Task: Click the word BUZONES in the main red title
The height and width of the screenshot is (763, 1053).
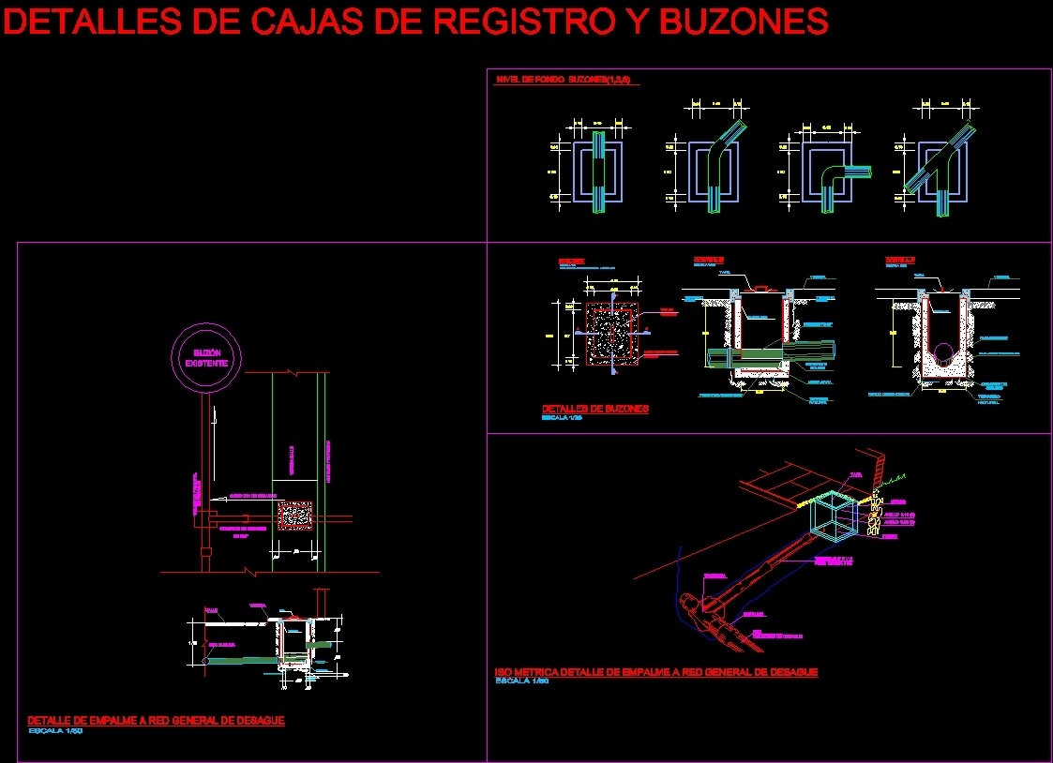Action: tap(745, 21)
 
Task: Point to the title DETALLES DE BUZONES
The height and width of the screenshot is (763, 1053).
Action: tap(595, 409)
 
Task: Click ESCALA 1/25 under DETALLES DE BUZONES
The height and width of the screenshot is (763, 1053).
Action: tap(563, 418)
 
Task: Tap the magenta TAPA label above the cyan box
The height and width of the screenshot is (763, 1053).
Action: tap(855, 474)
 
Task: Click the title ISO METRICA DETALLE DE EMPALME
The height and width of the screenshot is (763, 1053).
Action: tap(655, 672)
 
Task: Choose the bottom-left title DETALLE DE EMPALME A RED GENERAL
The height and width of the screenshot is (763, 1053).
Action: tap(156, 720)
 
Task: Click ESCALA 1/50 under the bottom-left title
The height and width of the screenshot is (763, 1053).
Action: tap(56, 730)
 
